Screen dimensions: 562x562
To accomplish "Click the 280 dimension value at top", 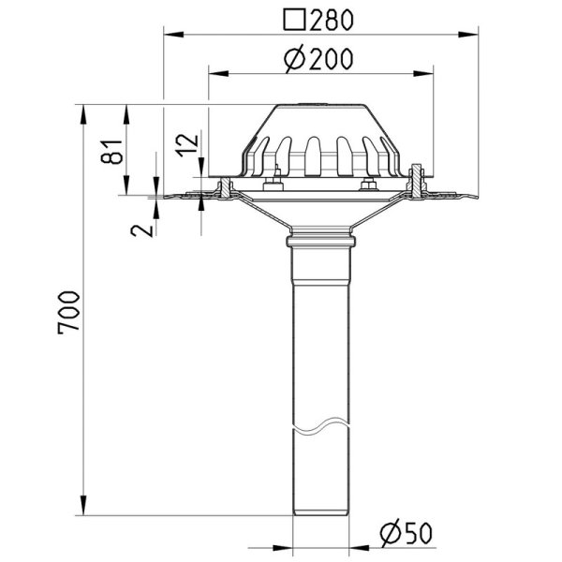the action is point(332,20).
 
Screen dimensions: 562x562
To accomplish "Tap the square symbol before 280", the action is point(294,20).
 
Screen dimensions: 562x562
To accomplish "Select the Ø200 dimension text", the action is point(318,59).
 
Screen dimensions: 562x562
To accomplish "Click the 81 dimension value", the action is point(111,152).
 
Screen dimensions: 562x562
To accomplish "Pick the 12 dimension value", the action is point(187,145).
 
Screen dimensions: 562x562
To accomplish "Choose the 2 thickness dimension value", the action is point(141,230).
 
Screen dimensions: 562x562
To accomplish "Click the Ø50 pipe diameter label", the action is point(407,533).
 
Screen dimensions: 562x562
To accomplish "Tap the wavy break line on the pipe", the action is point(320,426).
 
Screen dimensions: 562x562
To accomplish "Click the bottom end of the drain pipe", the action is point(320,514).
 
